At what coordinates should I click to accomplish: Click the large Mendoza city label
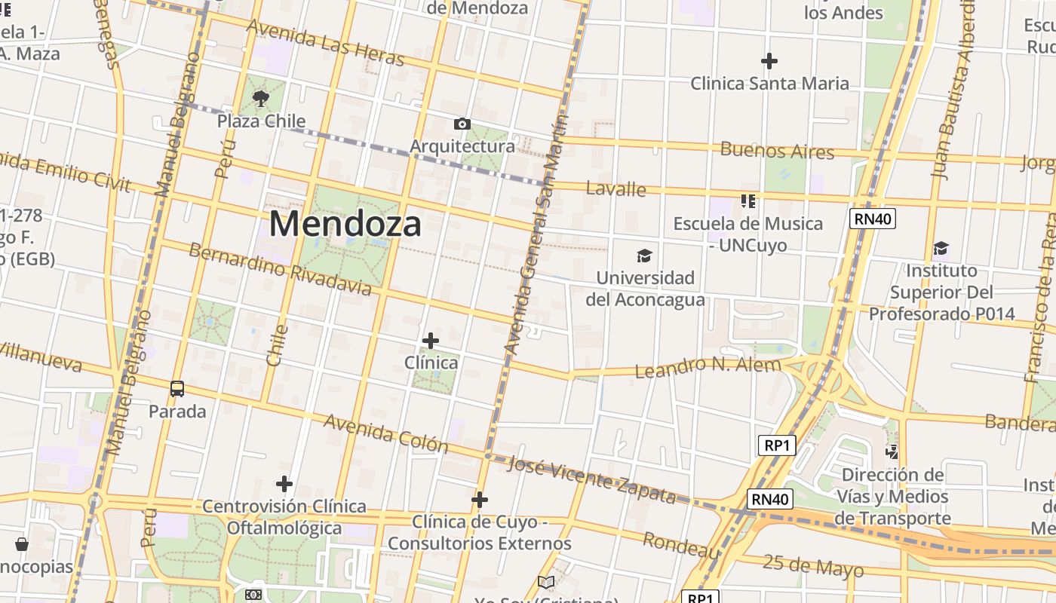point(345,224)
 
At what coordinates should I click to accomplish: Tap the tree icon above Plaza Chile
point(261,98)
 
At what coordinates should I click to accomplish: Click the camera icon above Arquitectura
point(462,124)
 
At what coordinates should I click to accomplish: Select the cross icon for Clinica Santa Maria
point(769,60)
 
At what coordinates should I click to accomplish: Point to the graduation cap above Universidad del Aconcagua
point(644,256)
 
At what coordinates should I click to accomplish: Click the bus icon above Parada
point(177,389)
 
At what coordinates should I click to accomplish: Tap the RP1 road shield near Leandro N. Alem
point(776,445)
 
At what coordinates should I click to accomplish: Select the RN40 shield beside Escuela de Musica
point(872,219)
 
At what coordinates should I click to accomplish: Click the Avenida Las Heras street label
point(326,43)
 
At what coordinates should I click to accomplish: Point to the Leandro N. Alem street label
point(708,368)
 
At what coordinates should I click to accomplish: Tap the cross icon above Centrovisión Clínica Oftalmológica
point(284,483)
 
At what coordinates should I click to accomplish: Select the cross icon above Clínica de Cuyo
point(479,499)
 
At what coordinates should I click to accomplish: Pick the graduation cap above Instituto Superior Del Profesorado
point(941,248)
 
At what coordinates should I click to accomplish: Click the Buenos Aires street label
point(777,150)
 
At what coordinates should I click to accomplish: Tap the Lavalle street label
point(615,188)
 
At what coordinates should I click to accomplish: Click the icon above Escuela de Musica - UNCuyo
point(748,200)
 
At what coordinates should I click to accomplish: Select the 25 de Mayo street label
point(812,565)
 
